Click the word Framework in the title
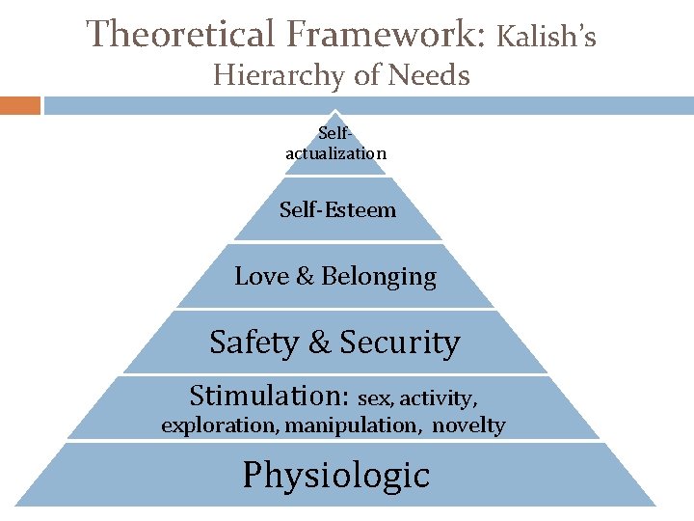(x=386, y=35)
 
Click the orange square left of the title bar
(x=20, y=105)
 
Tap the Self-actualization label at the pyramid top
(x=335, y=145)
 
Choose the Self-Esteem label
(x=337, y=209)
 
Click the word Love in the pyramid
(x=261, y=277)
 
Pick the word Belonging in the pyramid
(x=379, y=278)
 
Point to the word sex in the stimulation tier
(x=374, y=398)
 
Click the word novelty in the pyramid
(x=468, y=425)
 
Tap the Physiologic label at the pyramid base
(x=335, y=476)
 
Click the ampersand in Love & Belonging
(x=305, y=277)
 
